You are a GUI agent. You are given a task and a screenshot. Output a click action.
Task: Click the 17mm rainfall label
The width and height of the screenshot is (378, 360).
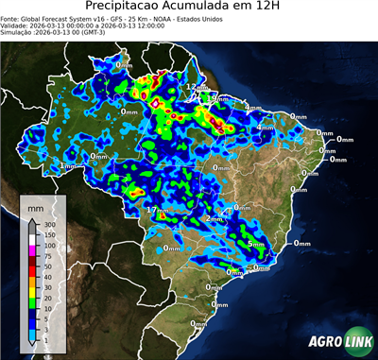coord(157,210)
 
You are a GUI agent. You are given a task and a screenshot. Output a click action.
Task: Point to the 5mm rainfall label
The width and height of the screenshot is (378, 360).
coord(256,244)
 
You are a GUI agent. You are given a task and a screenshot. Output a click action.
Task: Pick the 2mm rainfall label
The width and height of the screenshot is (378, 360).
coord(214,218)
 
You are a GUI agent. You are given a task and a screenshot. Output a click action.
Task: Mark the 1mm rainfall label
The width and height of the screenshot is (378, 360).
coord(68,165)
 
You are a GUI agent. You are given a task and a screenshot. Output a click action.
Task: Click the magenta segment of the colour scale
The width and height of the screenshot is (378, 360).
coord(31,250)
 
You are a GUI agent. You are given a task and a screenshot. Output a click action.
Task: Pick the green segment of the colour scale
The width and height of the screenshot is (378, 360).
coord(31,302)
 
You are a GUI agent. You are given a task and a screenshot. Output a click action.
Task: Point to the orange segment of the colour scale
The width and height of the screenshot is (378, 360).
coord(31,281)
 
